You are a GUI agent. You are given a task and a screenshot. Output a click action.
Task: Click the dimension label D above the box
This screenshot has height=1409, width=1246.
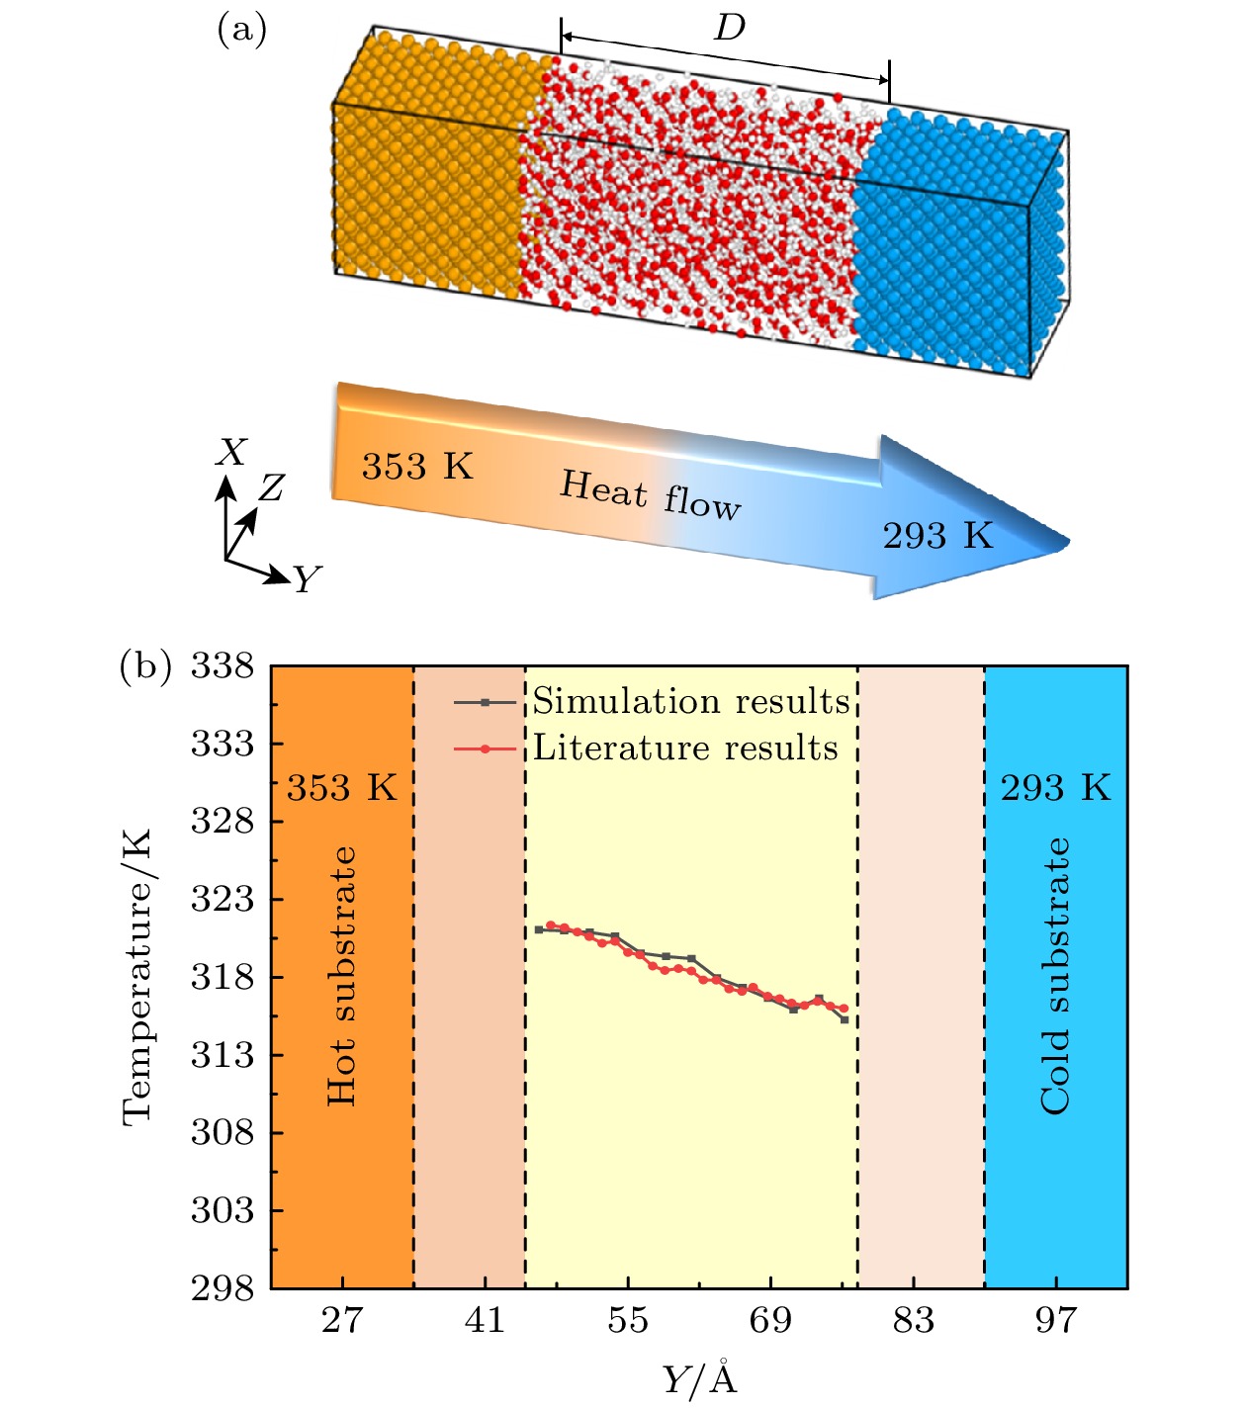coord(729,29)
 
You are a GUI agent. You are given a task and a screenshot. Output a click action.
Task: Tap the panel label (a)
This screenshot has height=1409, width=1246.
coord(241,31)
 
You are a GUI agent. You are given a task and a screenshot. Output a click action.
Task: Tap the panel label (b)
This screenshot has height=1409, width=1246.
coord(145,665)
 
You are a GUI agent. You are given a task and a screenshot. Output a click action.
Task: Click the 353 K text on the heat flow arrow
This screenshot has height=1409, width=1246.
coord(417,466)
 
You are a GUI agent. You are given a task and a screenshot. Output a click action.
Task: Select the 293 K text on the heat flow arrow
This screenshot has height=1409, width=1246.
coord(937,536)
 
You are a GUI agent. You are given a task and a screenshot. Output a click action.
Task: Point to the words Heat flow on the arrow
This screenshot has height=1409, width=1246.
coord(650,495)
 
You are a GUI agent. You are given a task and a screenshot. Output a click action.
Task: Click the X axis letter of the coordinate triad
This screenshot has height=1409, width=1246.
coord(231,453)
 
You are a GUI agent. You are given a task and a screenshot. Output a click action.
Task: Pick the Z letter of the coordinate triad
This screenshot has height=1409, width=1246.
coord(271,487)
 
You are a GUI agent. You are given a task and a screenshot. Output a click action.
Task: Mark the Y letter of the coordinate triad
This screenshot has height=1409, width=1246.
coord(308,578)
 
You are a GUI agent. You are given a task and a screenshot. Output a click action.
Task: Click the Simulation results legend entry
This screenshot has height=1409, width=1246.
coord(690,701)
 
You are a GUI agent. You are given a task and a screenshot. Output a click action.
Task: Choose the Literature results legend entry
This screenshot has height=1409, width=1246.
coord(684,748)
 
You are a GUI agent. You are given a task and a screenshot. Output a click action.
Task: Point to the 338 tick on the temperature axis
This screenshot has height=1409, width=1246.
coord(222,666)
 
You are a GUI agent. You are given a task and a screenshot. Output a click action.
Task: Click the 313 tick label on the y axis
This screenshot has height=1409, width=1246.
coord(222,1055)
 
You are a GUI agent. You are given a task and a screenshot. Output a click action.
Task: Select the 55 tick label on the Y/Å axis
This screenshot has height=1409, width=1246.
coord(627,1320)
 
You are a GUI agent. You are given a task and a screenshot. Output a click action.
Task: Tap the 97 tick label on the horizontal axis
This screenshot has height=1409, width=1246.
coord(1055,1320)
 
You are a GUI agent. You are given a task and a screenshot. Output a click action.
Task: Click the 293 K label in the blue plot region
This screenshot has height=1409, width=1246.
coord(1055,788)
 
